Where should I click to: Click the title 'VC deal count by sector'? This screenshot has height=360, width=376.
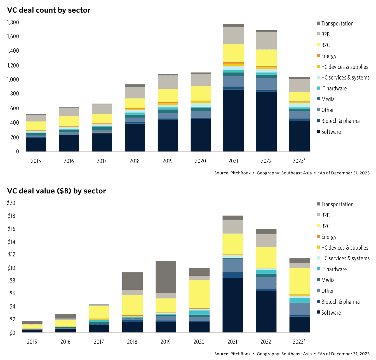pyautogui.click(x=49, y=10)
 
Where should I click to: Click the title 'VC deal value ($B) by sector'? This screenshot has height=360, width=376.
pyautogui.click(x=56, y=191)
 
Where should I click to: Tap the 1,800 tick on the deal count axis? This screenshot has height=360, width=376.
pyautogui.click(x=13, y=22)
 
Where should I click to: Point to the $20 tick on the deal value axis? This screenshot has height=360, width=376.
pyautogui.click(x=11, y=203)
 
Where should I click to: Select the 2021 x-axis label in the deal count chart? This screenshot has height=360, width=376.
pyautogui.click(x=233, y=161)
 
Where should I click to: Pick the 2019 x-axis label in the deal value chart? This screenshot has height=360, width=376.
pyautogui.click(x=166, y=342)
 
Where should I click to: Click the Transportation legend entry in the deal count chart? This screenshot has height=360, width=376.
pyautogui.click(x=337, y=24)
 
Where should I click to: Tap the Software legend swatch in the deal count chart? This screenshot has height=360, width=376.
pyautogui.click(x=318, y=131)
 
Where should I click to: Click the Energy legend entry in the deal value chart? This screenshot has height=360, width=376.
pyautogui.click(x=329, y=237)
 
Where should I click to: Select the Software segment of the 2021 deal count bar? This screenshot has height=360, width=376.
pyautogui.click(x=233, y=120)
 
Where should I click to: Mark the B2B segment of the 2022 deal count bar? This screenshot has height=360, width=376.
pyautogui.click(x=266, y=41)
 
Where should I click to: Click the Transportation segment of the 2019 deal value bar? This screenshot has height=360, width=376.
pyautogui.click(x=166, y=277)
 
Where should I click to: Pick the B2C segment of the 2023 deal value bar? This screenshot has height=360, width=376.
pyautogui.click(x=299, y=281)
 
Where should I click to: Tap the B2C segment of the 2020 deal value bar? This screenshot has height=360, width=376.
pyautogui.click(x=199, y=294)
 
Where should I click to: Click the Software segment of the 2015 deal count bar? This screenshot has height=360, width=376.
pyautogui.click(x=36, y=144)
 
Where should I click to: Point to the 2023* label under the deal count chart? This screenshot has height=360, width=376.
pyautogui.click(x=299, y=161)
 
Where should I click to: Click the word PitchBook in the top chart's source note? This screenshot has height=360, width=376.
pyautogui.click(x=241, y=173)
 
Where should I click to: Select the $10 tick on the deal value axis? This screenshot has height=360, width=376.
pyautogui.click(x=11, y=268)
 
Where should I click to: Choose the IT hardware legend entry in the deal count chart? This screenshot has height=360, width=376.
pyautogui.click(x=334, y=88)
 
